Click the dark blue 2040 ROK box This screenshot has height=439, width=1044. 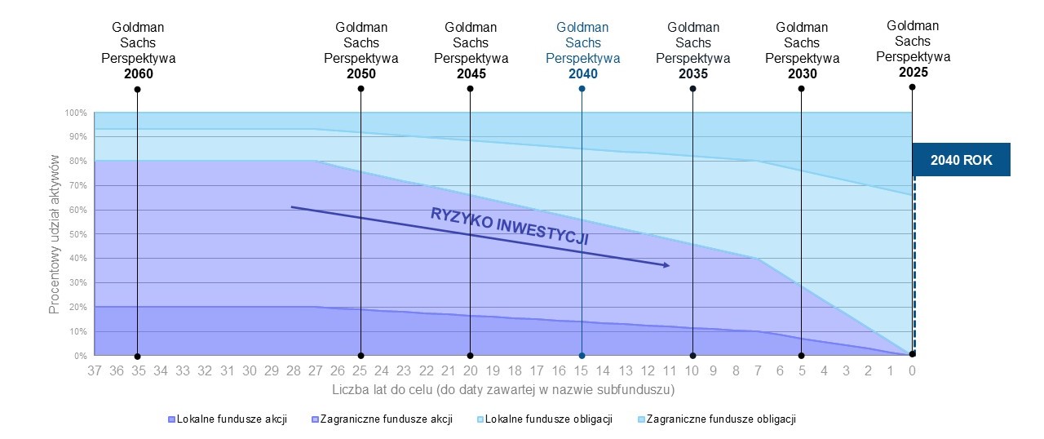961,160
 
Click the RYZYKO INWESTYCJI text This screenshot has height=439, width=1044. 510,227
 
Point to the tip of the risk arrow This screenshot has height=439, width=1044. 669,265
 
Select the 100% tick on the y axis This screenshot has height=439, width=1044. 77,113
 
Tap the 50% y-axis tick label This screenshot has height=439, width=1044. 77,234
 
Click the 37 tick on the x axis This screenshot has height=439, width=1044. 95,371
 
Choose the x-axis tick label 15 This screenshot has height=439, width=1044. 582,371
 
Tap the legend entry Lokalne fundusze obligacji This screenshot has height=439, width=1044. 545,419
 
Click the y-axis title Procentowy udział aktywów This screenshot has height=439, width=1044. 54,237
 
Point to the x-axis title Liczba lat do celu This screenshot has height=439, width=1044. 503,390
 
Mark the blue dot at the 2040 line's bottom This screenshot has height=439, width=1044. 582,355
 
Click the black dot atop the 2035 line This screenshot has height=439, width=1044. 692,88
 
